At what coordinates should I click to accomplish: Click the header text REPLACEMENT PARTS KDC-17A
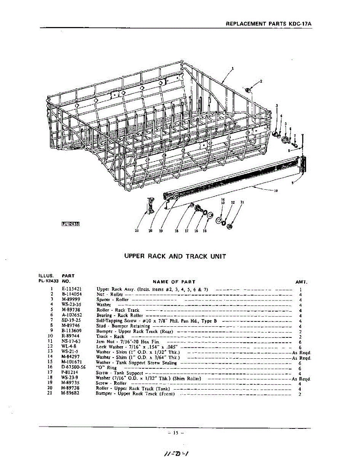pos(269,23)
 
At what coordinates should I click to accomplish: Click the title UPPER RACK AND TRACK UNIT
pos(175,256)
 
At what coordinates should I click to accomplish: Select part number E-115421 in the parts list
pos(71,289)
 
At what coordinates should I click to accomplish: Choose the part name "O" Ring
pos(106,368)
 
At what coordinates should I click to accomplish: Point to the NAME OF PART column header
pos(174,282)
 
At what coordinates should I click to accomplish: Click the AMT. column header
pos(301,282)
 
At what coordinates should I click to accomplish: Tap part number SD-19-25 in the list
pos(70,321)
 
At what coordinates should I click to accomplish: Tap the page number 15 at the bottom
pos(175,433)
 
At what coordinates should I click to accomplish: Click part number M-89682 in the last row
pos(70,394)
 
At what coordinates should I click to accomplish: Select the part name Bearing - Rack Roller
pos(120,315)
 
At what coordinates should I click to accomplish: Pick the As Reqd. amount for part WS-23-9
pos(301,379)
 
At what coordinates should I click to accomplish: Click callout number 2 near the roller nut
pos(261,81)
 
